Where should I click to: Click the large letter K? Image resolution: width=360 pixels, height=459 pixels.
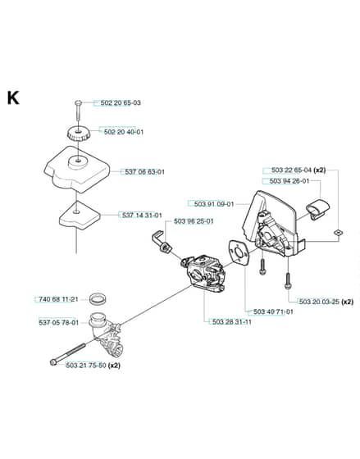click(x=13, y=98)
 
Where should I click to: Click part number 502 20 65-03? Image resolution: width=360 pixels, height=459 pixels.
click(x=121, y=102)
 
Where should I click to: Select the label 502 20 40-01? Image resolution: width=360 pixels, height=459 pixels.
click(x=124, y=132)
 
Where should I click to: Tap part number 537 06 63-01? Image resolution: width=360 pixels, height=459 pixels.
click(x=144, y=172)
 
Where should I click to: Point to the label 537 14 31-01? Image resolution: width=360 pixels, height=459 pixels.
click(x=142, y=216)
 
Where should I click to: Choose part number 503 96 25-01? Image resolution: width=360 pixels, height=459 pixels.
click(x=194, y=221)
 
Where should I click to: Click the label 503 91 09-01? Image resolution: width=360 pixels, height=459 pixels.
click(x=214, y=204)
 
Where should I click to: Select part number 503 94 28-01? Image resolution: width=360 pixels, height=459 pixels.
click(x=289, y=181)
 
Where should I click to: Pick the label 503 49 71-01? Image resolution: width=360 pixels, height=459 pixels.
click(x=273, y=311)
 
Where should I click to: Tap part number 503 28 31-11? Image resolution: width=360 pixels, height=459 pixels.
click(x=232, y=322)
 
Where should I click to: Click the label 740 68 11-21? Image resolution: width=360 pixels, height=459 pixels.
click(x=58, y=299)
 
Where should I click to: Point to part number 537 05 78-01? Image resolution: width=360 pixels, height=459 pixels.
click(x=58, y=323)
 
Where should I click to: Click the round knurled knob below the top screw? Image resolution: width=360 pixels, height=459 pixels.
click(x=79, y=135)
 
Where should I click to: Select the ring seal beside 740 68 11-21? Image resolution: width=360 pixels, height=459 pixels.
click(x=98, y=299)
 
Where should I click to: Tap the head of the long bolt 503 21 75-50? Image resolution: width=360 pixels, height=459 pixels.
click(x=53, y=362)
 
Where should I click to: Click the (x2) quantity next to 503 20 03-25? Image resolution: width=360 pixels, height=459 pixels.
click(x=348, y=302)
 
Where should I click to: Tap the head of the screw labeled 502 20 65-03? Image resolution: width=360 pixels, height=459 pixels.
click(x=78, y=102)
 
